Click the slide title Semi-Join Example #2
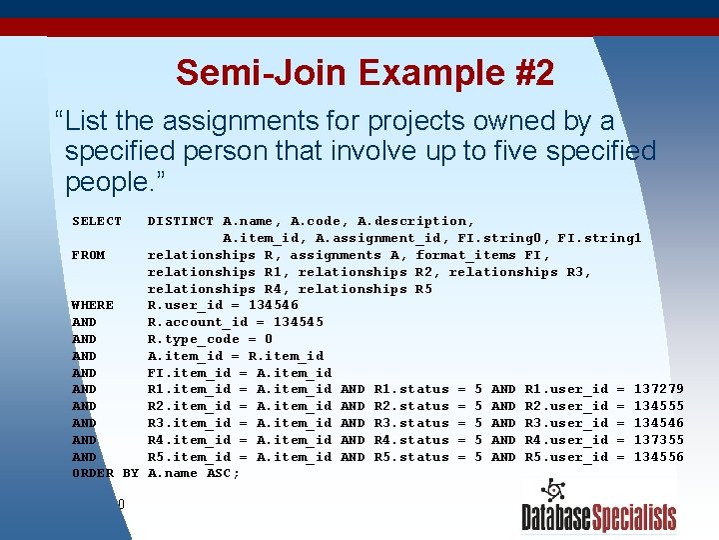click(364, 72)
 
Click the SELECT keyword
click(97, 221)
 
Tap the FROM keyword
click(89, 255)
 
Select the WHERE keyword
click(93, 305)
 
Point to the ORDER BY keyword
click(105, 473)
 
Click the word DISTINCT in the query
click(181, 221)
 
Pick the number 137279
click(659, 389)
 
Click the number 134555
click(659, 406)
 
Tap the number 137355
click(659, 440)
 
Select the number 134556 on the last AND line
click(659, 457)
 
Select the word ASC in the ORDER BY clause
click(219, 473)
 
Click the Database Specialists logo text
click(598, 517)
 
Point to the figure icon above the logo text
click(551, 491)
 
